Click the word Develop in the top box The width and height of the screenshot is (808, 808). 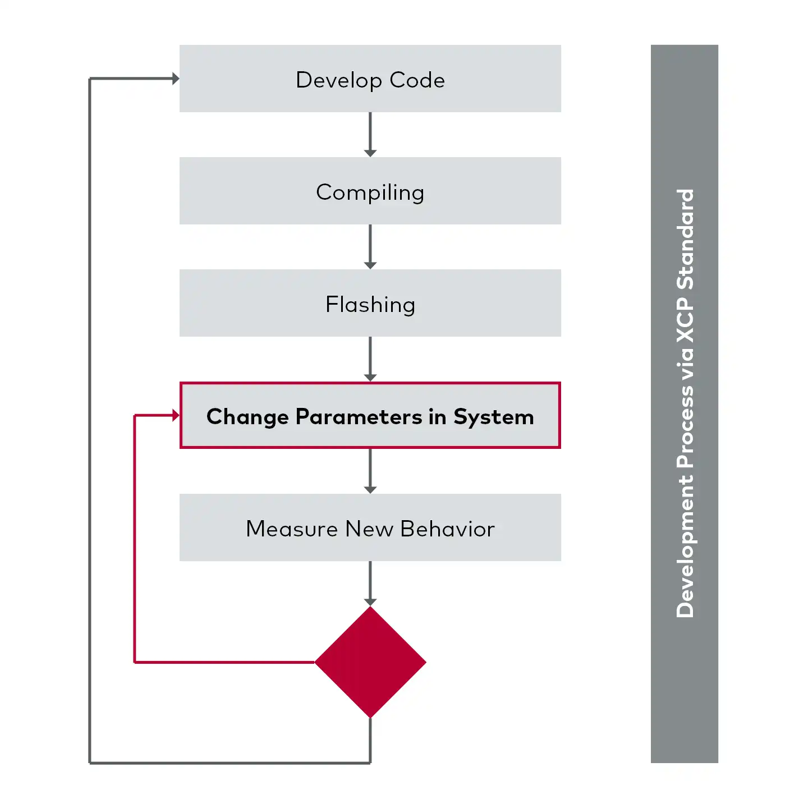click(338, 80)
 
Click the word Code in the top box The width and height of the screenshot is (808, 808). click(417, 80)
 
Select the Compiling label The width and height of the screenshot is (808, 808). click(370, 192)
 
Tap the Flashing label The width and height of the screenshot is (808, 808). click(370, 305)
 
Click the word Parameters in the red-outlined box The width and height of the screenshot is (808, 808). click(359, 417)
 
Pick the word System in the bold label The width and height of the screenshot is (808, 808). click(493, 417)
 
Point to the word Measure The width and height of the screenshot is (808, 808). click(292, 529)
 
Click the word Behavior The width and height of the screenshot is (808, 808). click(447, 529)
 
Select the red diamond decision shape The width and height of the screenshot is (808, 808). click(370, 662)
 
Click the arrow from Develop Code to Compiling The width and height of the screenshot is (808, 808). click(370, 135)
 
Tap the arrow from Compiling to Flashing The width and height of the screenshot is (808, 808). click(370, 247)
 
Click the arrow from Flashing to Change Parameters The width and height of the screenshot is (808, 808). click(370, 359)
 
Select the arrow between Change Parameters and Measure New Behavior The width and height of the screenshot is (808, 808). click(370, 471)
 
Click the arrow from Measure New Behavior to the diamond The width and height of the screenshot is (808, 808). click(370, 584)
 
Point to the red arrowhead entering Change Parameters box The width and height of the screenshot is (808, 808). click(176, 415)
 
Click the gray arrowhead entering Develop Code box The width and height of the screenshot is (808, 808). click(176, 79)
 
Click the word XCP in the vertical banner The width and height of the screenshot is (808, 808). click(685, 320)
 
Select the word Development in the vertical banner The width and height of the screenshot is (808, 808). click(685, 547)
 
